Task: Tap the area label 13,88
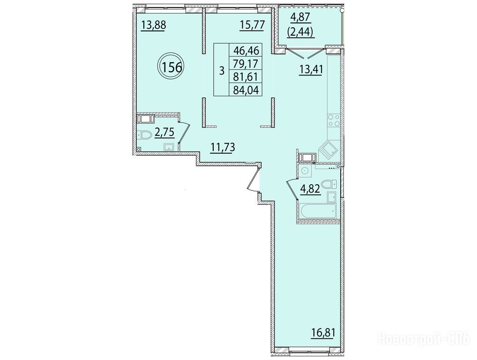click(x=154, y=25)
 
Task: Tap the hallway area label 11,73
click(x=223, y=148)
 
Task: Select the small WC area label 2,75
click(x=164, y=133)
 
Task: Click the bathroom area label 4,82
click(x=310, y=189)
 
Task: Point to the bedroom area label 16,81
click(x=323, y=333)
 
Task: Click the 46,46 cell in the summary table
click(x=246, y=49)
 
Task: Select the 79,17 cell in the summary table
click(x=246, y=63)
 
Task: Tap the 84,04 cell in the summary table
click(x=246, y=90)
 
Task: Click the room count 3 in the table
click(x=222, y=71)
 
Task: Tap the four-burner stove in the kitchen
click(x=334, y=120)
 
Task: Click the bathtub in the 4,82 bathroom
click(x=318, y=211)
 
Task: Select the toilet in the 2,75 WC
click(x=144, y=135)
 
